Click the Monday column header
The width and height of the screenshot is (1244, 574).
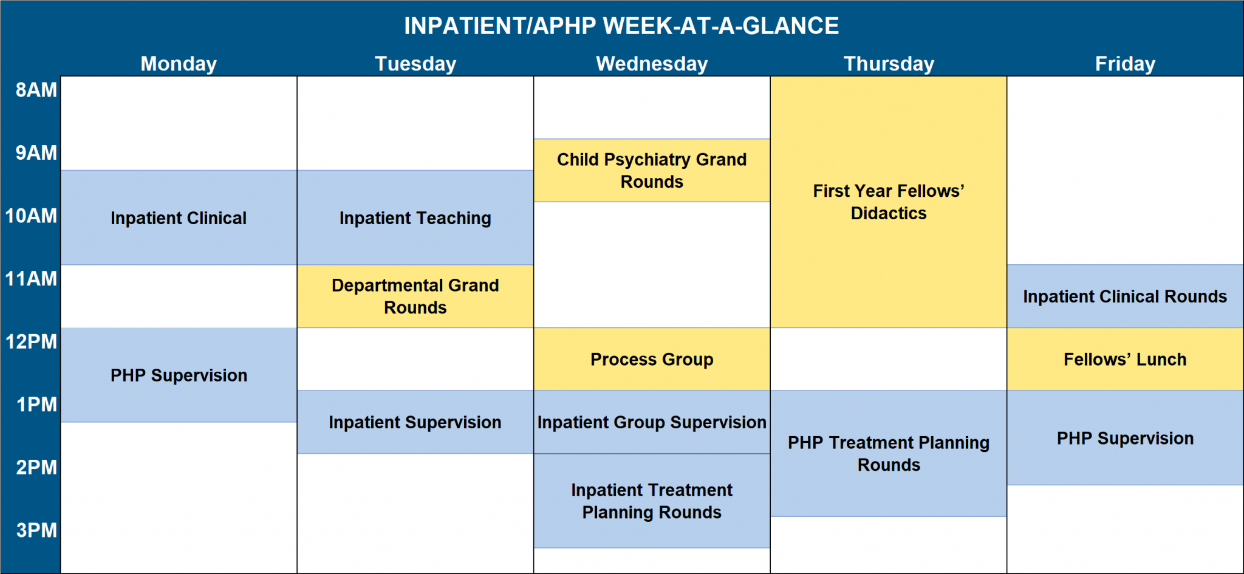pyautogui.click(x=179, y=64)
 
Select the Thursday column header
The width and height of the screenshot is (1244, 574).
pyautogui.click(x=889, y=64)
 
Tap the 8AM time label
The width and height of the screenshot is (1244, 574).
pyautogui.click(x=36, y=90)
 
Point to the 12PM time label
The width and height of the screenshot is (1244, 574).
pyautogui.click(x=31, y=342)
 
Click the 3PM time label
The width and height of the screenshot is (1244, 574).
pyautogui.click(x=36, y=530)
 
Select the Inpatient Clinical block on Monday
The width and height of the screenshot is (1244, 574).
pyautogui.click(x=179, y=218)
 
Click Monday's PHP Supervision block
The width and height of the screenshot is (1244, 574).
pyautogui.click(x=179, y=375)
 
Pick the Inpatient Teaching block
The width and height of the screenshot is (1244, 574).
pyautogui.click(x=415, y=218)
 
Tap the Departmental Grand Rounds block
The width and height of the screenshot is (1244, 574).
pyautogui.click(x=415, y=296)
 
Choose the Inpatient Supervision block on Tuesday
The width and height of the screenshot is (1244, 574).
pyautogui.click(x=415, y=422)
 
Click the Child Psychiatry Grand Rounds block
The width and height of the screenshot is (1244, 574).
pyautogui.click(x=652, y=171)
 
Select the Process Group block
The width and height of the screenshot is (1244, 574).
pyautogui.click(x=652, y=360)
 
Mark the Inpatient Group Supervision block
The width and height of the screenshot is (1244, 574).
pyautogui.click(x=652, y=422)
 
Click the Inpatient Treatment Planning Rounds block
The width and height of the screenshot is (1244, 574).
pyautogui.click(x=652, y=501)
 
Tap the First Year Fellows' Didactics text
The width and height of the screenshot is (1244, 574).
pyautogui.click(x=889, y=202)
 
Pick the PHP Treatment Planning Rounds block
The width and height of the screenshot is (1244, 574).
pyautogui.click(x=889, y=454)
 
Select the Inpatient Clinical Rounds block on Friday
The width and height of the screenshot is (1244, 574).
pyautogui.click(x=1125, y=296)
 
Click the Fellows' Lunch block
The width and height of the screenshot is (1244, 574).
pyautogui.click(x=1125, y=360)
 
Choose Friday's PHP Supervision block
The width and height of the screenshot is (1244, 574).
pyautogui.click(x=1125, y=438)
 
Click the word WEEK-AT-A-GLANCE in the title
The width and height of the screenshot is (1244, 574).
pyautogui.click(x=720, y=26)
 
